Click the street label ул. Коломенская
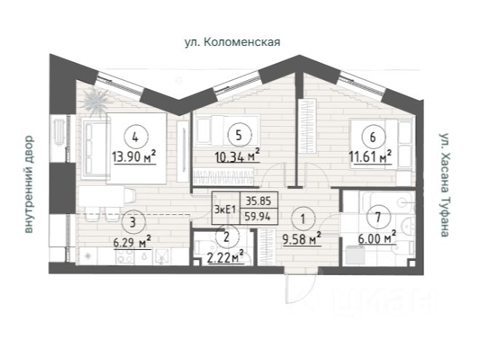coord(232,42)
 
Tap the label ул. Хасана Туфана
coord(445,185)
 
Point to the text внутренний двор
coord(28,184)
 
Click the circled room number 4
coord(136,138)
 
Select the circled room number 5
coord(239,136)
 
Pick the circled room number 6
coord(373,137)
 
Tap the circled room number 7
coord(377,217)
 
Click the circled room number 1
coord(302,219)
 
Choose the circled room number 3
coord(133,222)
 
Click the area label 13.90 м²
coord(134,156)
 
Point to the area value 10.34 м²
coord(238,156)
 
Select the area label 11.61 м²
coord(370,156)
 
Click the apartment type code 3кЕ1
coord(226,209)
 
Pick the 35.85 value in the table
coord(259,201)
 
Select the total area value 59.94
coord(258,216)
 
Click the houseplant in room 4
coord(95,101)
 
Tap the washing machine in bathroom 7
coord(355,255)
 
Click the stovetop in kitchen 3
coord(125,257)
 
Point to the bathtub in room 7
coord(388,202)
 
